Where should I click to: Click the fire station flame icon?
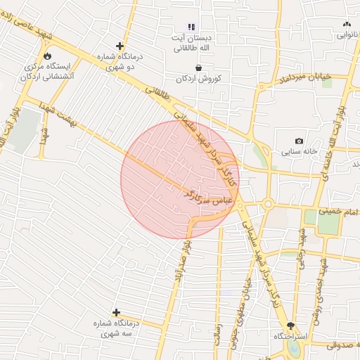(x=48, y=56)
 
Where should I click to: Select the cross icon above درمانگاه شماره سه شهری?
(x=116, y=312)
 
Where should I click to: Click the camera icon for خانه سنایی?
(x=300, y=141)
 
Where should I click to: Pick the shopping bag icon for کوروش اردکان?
(x=199, y=67)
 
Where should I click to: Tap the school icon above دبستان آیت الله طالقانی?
(x=191, y=27)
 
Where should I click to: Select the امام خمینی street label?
(x=338, y=210)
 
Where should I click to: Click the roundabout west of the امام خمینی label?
(x=268, y=204)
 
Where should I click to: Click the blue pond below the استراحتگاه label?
(x=294, y=349)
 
